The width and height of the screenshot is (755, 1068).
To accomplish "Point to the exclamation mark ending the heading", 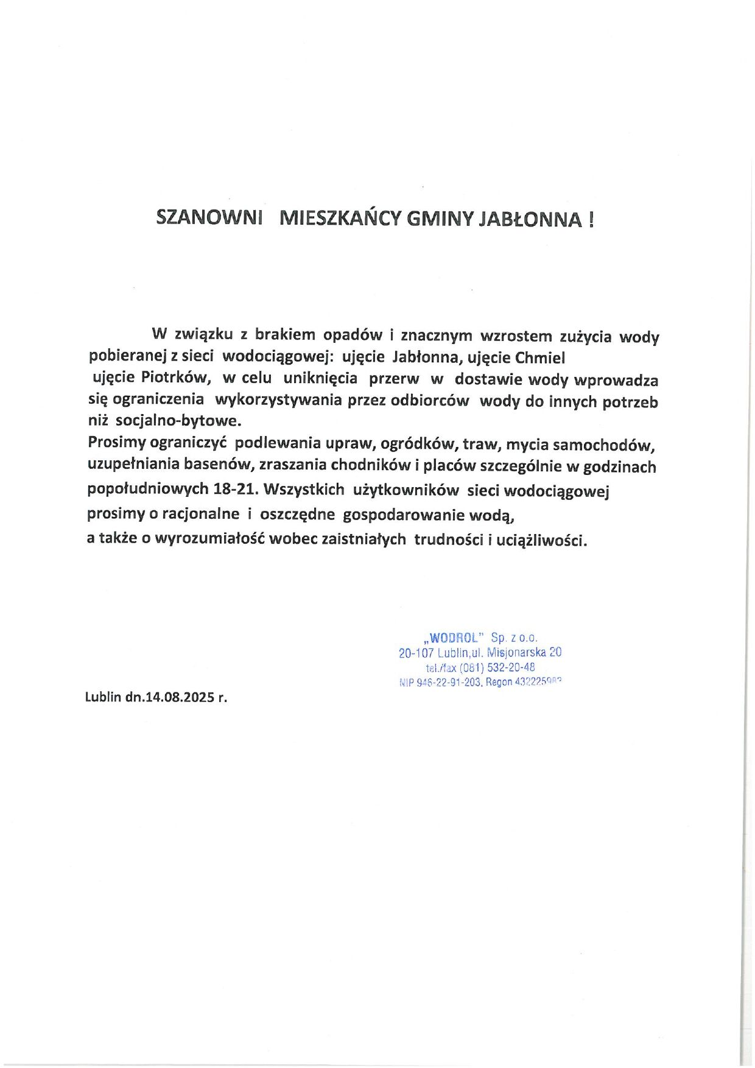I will [591, 219].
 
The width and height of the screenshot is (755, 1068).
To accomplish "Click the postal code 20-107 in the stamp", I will [416, 653].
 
